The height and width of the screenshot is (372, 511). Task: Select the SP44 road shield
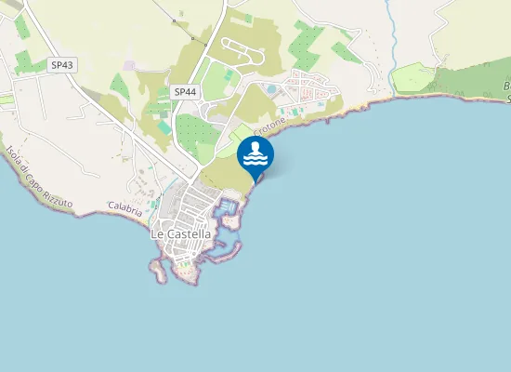coord(184,91)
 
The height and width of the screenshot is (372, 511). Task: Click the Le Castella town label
coord(181,234)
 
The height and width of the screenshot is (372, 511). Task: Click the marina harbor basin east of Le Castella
coord(226,208)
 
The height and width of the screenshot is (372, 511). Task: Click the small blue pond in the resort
coord(270,89)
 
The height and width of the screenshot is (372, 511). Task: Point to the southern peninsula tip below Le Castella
coord(159,274)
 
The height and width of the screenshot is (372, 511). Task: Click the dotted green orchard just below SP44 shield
coord(197,130)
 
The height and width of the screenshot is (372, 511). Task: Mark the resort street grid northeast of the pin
coord(307,88)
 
